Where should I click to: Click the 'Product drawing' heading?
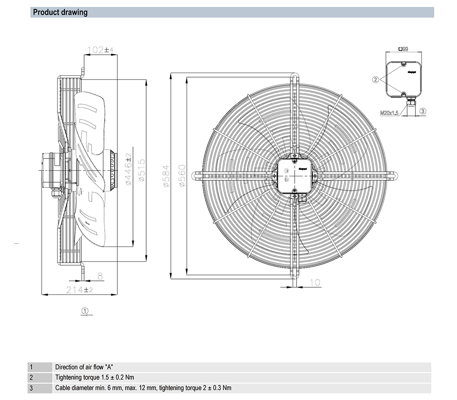(60, 12)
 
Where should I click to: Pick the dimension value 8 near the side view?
(100, 275)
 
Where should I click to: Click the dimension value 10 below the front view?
(315, 283)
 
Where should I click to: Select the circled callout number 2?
(376, 79)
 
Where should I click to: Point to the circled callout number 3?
(423, 111)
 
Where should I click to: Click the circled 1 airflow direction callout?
(85, 311)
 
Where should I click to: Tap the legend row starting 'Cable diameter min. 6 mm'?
(143, 388)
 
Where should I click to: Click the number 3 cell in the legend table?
(31, 388)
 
